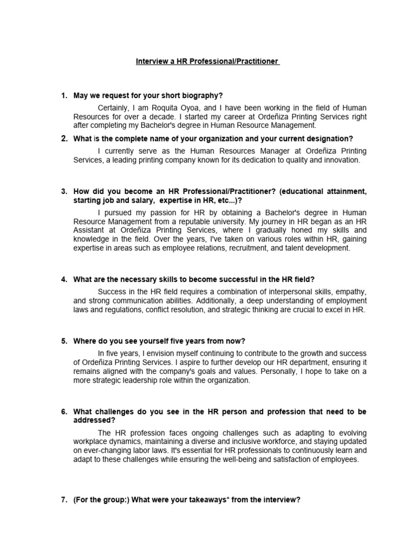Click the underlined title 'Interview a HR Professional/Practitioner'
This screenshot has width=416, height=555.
207,62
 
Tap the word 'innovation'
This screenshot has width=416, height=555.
341,160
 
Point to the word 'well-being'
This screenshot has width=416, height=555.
259,460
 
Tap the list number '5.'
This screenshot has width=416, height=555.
64,341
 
